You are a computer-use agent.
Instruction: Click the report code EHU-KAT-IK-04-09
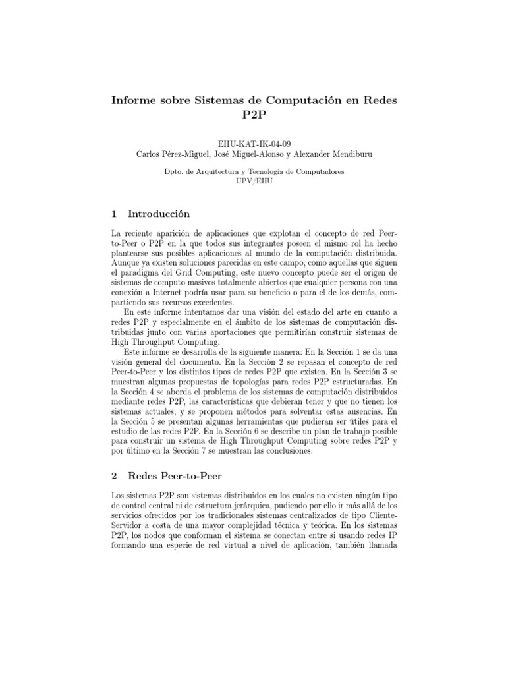click(x=253, y=144)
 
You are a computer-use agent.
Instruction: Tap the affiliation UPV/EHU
click(x=253, y=180)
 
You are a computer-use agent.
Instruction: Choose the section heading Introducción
click(x=158, y=214)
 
